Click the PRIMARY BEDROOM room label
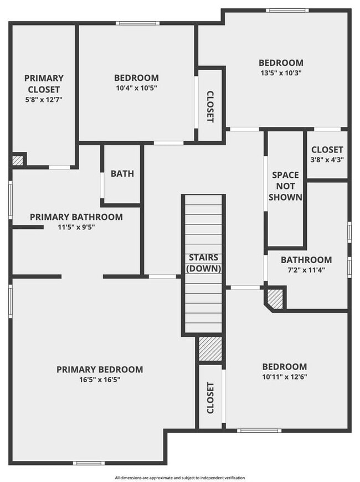[100, 370]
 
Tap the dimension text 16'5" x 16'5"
[100, 380]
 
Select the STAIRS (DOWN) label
[203, 263]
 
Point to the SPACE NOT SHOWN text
[286, 186]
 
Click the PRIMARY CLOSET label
[44, 84]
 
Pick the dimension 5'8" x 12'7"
[44, 100]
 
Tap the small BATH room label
[122, 173]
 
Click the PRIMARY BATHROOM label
[76, 217]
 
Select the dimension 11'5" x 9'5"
[76, 227]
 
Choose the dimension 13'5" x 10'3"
[281, 73]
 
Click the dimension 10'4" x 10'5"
[136, 88]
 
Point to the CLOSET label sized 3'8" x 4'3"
[327, 150]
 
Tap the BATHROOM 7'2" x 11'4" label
[306, 260]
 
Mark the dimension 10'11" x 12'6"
[284, 377]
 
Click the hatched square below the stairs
[210, 349]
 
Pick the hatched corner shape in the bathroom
[275, 299]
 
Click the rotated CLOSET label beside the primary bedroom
[210, 398]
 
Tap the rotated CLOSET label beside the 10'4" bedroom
[210, 106]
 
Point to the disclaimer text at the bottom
[179, 477]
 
